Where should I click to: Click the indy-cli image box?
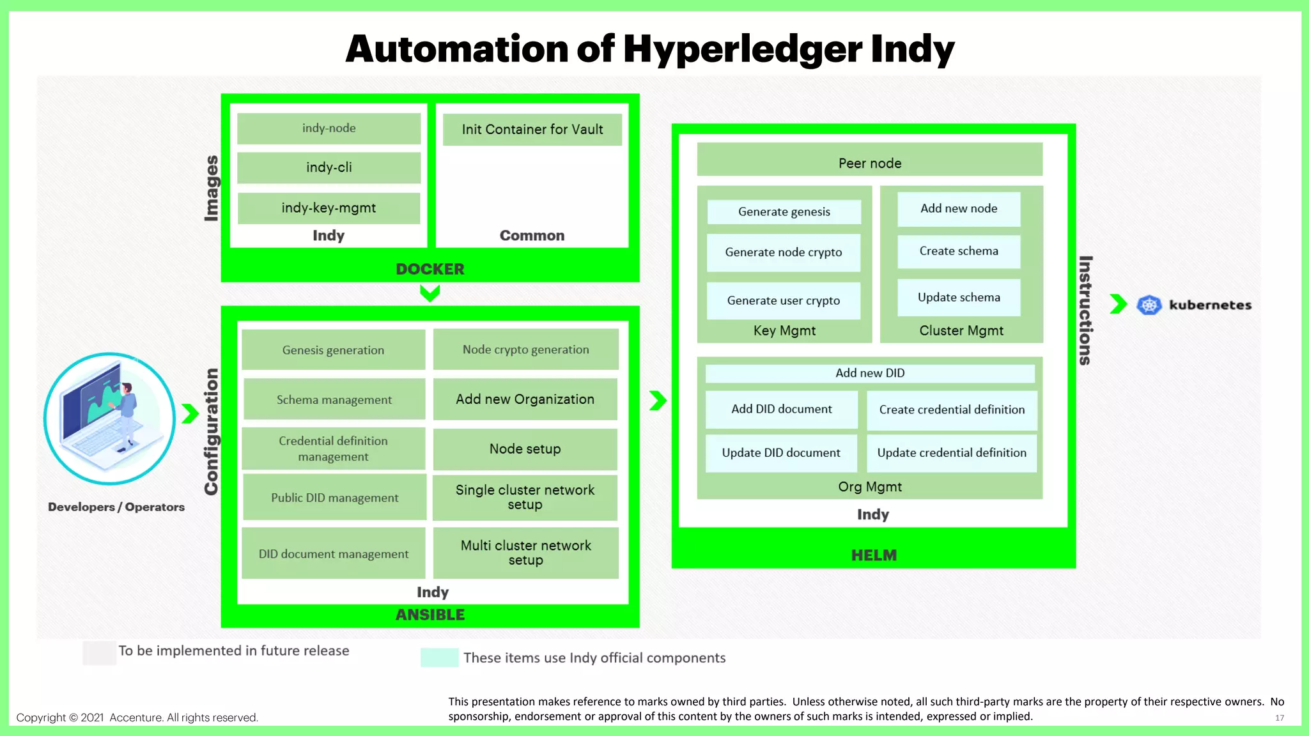(x=329, y=167)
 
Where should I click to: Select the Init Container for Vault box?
(x=532, y=130)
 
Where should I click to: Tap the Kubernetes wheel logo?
(x=1149, y=305)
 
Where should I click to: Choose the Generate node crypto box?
(x=783, y=252)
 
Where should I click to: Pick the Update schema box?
(x=959, y=297)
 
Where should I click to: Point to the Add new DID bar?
(x=869, y=373)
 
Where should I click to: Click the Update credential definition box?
(x=951, y=453)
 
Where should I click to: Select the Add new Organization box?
(x=525, y=399)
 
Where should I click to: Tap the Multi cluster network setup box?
(x=525, y=553)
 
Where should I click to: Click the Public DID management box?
(x=334, y=497)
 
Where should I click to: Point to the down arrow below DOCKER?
(x=430, y=293)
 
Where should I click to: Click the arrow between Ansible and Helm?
(x=658, y=401)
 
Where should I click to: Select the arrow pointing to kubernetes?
(x=1118, y=304)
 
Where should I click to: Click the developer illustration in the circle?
(x=109, y=418)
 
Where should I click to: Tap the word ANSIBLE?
(x=430, y=615)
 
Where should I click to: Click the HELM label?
(x=873, y=555)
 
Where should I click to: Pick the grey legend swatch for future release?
(x=99, y=653)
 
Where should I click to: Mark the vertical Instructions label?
(x=1085, y=310)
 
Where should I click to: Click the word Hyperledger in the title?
(x=742, y=49)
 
